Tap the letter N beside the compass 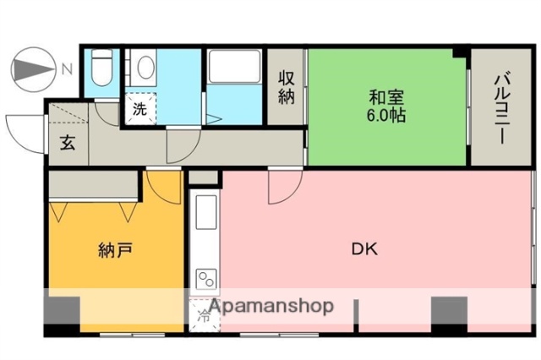[x=67, y=68]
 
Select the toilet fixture [x=102, y=67]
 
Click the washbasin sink [x=145, y=68]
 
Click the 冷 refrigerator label [x=204, y=317]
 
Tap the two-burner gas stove [x=205, y=278]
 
